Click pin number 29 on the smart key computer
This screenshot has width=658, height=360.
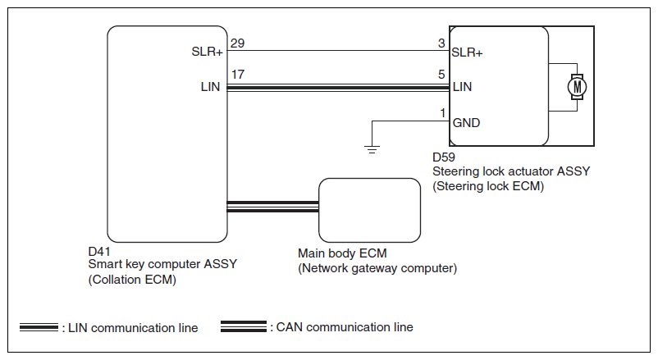pos(237,43)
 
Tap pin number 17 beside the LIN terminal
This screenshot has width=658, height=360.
pos(237,75)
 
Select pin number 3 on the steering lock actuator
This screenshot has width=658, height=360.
pos(443,43)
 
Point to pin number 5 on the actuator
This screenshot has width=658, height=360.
pos(443,75)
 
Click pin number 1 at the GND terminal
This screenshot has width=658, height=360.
pos(443,112)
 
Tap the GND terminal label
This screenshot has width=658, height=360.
pos(466,123)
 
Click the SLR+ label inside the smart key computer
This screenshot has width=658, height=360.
pos(207,52)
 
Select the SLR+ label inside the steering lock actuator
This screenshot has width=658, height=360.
pos(468,52)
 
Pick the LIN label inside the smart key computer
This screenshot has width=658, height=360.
pos(210,85)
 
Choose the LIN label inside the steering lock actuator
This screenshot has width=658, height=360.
pos(462,85)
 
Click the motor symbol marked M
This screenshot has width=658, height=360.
pos(577,84)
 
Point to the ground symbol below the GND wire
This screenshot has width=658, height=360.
pos(372,148)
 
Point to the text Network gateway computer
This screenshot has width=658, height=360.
pos(377,268)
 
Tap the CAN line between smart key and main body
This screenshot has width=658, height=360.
pos(272,206)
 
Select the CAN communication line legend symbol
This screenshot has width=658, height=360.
pos(244,327)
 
